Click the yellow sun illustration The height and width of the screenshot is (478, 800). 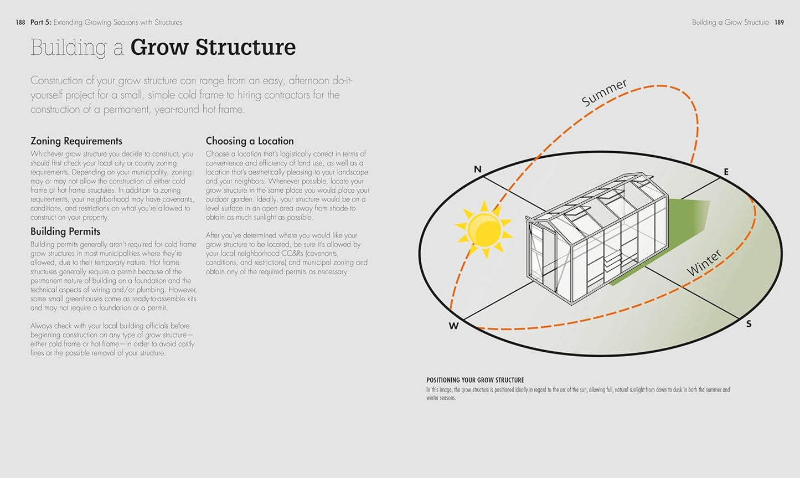point(484,229)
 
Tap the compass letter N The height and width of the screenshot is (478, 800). point(477,169)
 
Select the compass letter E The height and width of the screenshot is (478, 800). point(726,172)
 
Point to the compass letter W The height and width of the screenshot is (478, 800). point(453,326)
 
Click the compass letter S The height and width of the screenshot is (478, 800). point(749,324)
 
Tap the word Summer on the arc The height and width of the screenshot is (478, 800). point(603,92)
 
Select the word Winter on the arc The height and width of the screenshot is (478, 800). point(704,263)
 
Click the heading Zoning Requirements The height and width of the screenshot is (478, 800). point(76,141)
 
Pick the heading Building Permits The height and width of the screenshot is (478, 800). point(65,232)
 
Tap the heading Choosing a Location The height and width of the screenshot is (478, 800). point(250,141)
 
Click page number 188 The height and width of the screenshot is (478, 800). point(20,23)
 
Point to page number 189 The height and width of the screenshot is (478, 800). point(780,23)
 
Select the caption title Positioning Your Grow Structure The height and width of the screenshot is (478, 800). point(475,380)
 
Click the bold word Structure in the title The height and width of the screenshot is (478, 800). point(246,47)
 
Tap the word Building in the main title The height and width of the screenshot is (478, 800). point(69,48)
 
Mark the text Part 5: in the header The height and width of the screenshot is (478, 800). point(41,23)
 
